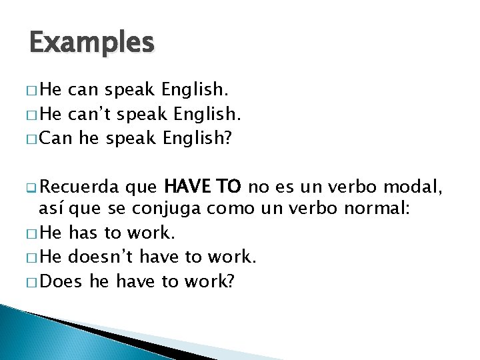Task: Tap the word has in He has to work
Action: click(83, 233)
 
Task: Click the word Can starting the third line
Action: click(57, 137)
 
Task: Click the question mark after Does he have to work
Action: click(231, 281)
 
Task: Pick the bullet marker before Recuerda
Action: click(33, 185)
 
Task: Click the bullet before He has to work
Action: click(33, 233)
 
